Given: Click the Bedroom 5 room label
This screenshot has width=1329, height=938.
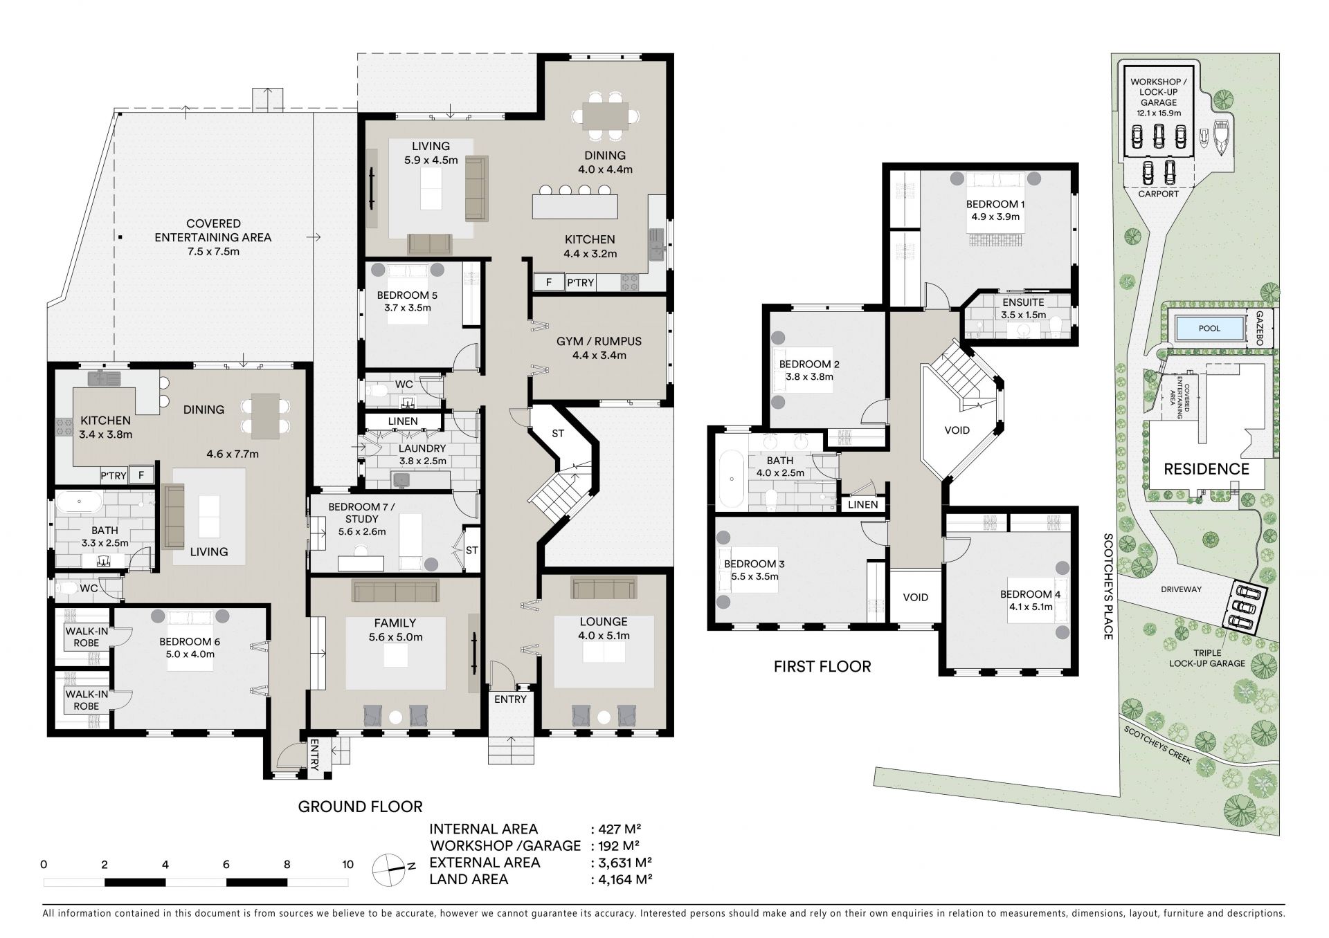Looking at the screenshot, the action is (407, 295).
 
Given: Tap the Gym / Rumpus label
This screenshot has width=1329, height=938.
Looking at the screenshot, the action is (599, 342).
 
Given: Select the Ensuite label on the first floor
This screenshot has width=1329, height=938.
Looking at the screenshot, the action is (1023, 303).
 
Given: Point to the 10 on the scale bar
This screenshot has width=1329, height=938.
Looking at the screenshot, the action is (347, 864).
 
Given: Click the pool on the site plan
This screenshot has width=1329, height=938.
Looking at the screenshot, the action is (1209, 328).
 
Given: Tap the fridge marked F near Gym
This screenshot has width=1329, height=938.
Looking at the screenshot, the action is (549, 282).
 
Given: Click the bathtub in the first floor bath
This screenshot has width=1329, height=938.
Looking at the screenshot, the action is (730, 479).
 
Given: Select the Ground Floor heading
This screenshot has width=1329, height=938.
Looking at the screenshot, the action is (360, 807).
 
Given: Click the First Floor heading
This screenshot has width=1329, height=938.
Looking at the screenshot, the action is (822, 667).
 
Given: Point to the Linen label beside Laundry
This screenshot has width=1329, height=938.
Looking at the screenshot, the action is (403, 421).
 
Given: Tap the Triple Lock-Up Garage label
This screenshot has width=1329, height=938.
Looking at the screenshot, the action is (1207, 658).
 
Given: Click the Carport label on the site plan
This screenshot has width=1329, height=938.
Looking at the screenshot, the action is (1159, 194).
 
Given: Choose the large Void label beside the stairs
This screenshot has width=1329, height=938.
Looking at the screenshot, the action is (957, 430).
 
